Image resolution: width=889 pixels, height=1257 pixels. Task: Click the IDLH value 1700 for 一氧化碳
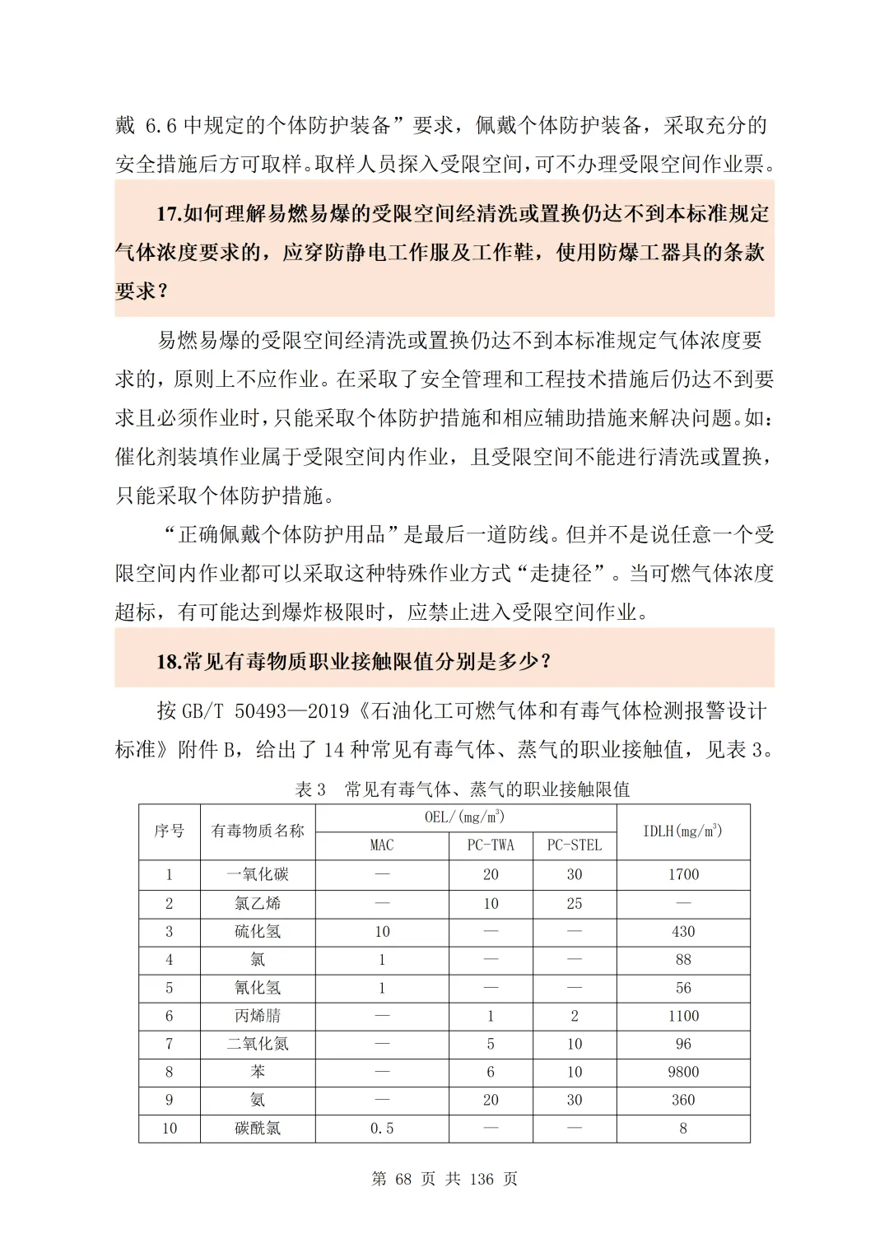(x=683, y=874)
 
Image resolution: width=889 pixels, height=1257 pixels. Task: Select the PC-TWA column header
(x=491, y=845)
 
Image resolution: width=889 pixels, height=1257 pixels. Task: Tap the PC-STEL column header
(x=575, y=845)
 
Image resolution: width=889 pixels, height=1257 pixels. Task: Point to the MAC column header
(x=382, y=845)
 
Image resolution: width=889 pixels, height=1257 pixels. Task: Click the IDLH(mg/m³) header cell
(x=683, y=831)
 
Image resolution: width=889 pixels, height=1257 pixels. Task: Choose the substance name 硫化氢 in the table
(x=258, y=931)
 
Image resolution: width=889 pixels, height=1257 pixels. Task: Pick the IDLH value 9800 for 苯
(x=683, y=1072)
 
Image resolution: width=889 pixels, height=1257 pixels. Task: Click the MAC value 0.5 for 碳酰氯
(x=382, y=1128)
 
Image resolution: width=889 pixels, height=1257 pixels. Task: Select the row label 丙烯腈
(x=258, y=1016)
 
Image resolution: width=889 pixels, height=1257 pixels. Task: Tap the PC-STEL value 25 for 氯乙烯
(x=575, y=903)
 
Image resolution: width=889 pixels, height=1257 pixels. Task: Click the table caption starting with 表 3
(x=463, y=789)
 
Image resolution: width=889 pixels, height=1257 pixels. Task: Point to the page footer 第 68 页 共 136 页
(x=444, y=1179)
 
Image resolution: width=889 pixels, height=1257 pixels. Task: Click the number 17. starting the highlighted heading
(x=169, y=214)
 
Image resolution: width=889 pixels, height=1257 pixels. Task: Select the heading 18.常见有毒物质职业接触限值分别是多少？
(x=354, y=661)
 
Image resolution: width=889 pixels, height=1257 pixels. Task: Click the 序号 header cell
(x=170, y=831)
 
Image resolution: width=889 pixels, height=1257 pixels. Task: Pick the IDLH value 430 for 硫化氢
(x=683, y=931)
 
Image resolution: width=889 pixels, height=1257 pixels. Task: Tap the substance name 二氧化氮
(x=258, y=1044)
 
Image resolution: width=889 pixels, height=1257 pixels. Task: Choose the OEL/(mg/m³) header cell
(x=465, y=817)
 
